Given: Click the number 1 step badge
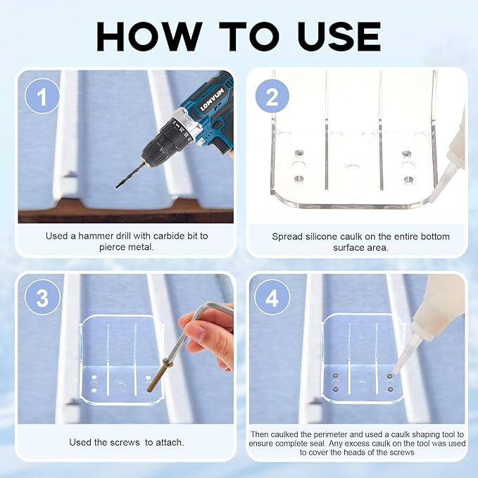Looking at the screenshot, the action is click(42, 96).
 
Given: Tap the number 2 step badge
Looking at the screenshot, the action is click(272, 96).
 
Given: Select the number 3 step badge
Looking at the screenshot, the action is click(42, 297).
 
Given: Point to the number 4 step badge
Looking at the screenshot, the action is click(272, 297).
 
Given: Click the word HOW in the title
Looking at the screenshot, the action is click(149, 37).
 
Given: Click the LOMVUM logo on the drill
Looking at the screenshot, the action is click(212, 99).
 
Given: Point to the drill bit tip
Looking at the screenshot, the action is click(117, 187).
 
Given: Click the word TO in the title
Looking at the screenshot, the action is click(249, 37).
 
